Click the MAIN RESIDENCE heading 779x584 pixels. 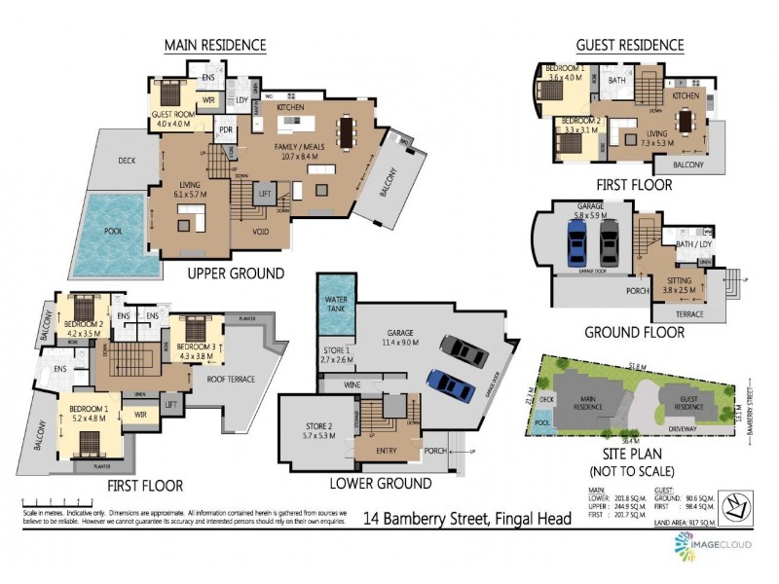click(214, 45)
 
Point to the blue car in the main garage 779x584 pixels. click(451, 385)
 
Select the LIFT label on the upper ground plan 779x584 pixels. click(264, 195)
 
